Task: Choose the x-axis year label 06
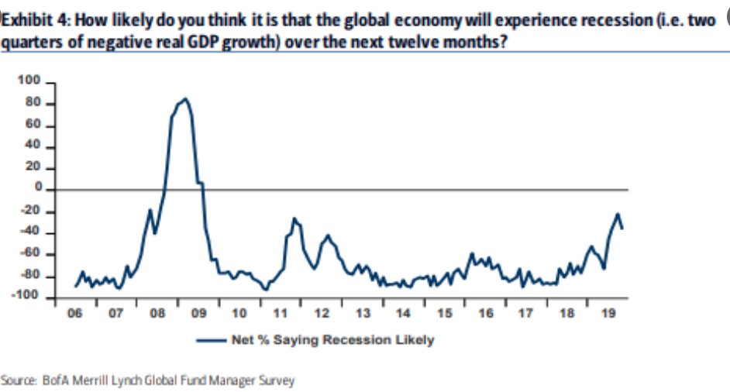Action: tap(74, 314)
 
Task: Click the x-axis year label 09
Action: tap(198, 314)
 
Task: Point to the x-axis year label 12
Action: tap(321, 314)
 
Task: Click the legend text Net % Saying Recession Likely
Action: tap(332, 339)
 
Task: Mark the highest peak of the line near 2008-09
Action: tap(184, 98)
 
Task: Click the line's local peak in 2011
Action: tap(294, 218)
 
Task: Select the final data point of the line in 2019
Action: tap(622, 228)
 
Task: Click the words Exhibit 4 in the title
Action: tap(29, 20)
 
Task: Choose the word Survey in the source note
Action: tap(277, 381)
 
